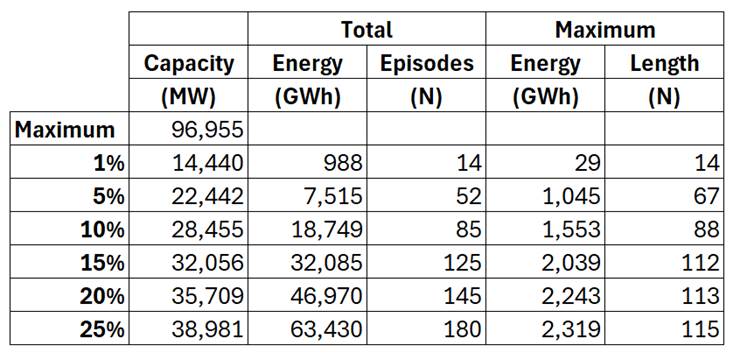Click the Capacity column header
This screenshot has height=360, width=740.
189,64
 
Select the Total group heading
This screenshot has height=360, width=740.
367,29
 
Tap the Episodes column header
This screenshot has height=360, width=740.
427,63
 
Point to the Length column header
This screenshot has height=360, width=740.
664,64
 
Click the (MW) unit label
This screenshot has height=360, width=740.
189,97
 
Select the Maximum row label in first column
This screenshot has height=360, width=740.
65,130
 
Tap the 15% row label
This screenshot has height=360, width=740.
101,262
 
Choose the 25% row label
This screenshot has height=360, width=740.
101,329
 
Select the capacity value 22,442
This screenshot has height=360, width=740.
207,196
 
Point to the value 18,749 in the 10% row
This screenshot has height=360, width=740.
326,229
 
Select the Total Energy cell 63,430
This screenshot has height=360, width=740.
326,329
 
